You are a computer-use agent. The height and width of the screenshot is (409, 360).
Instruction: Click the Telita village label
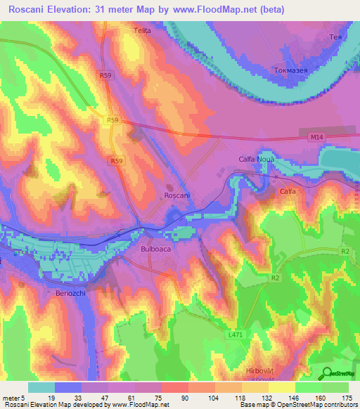pos(142,31)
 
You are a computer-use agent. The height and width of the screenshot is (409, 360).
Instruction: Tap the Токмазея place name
pos(290,71)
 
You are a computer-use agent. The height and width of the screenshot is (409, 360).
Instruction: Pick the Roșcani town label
pos(176,195)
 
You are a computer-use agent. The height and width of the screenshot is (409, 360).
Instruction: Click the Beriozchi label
pos(71,293)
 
